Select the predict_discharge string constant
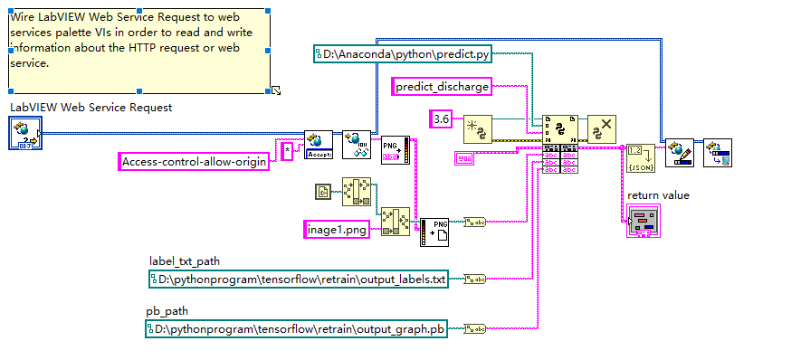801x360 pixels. coord(442,87)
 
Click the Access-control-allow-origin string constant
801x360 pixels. coord(195,162)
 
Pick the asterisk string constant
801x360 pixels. coord(287,151)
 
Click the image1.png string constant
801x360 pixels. coord(336,229)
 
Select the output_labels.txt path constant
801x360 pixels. coord(299,279)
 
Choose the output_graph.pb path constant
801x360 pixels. coord(298,330)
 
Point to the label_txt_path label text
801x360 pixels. coord(185,262)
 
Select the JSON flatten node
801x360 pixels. coord(638,156)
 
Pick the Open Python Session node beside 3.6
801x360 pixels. coord(477,129)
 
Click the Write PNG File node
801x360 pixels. coord(434,232)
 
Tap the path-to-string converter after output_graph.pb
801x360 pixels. coord(474,330)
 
